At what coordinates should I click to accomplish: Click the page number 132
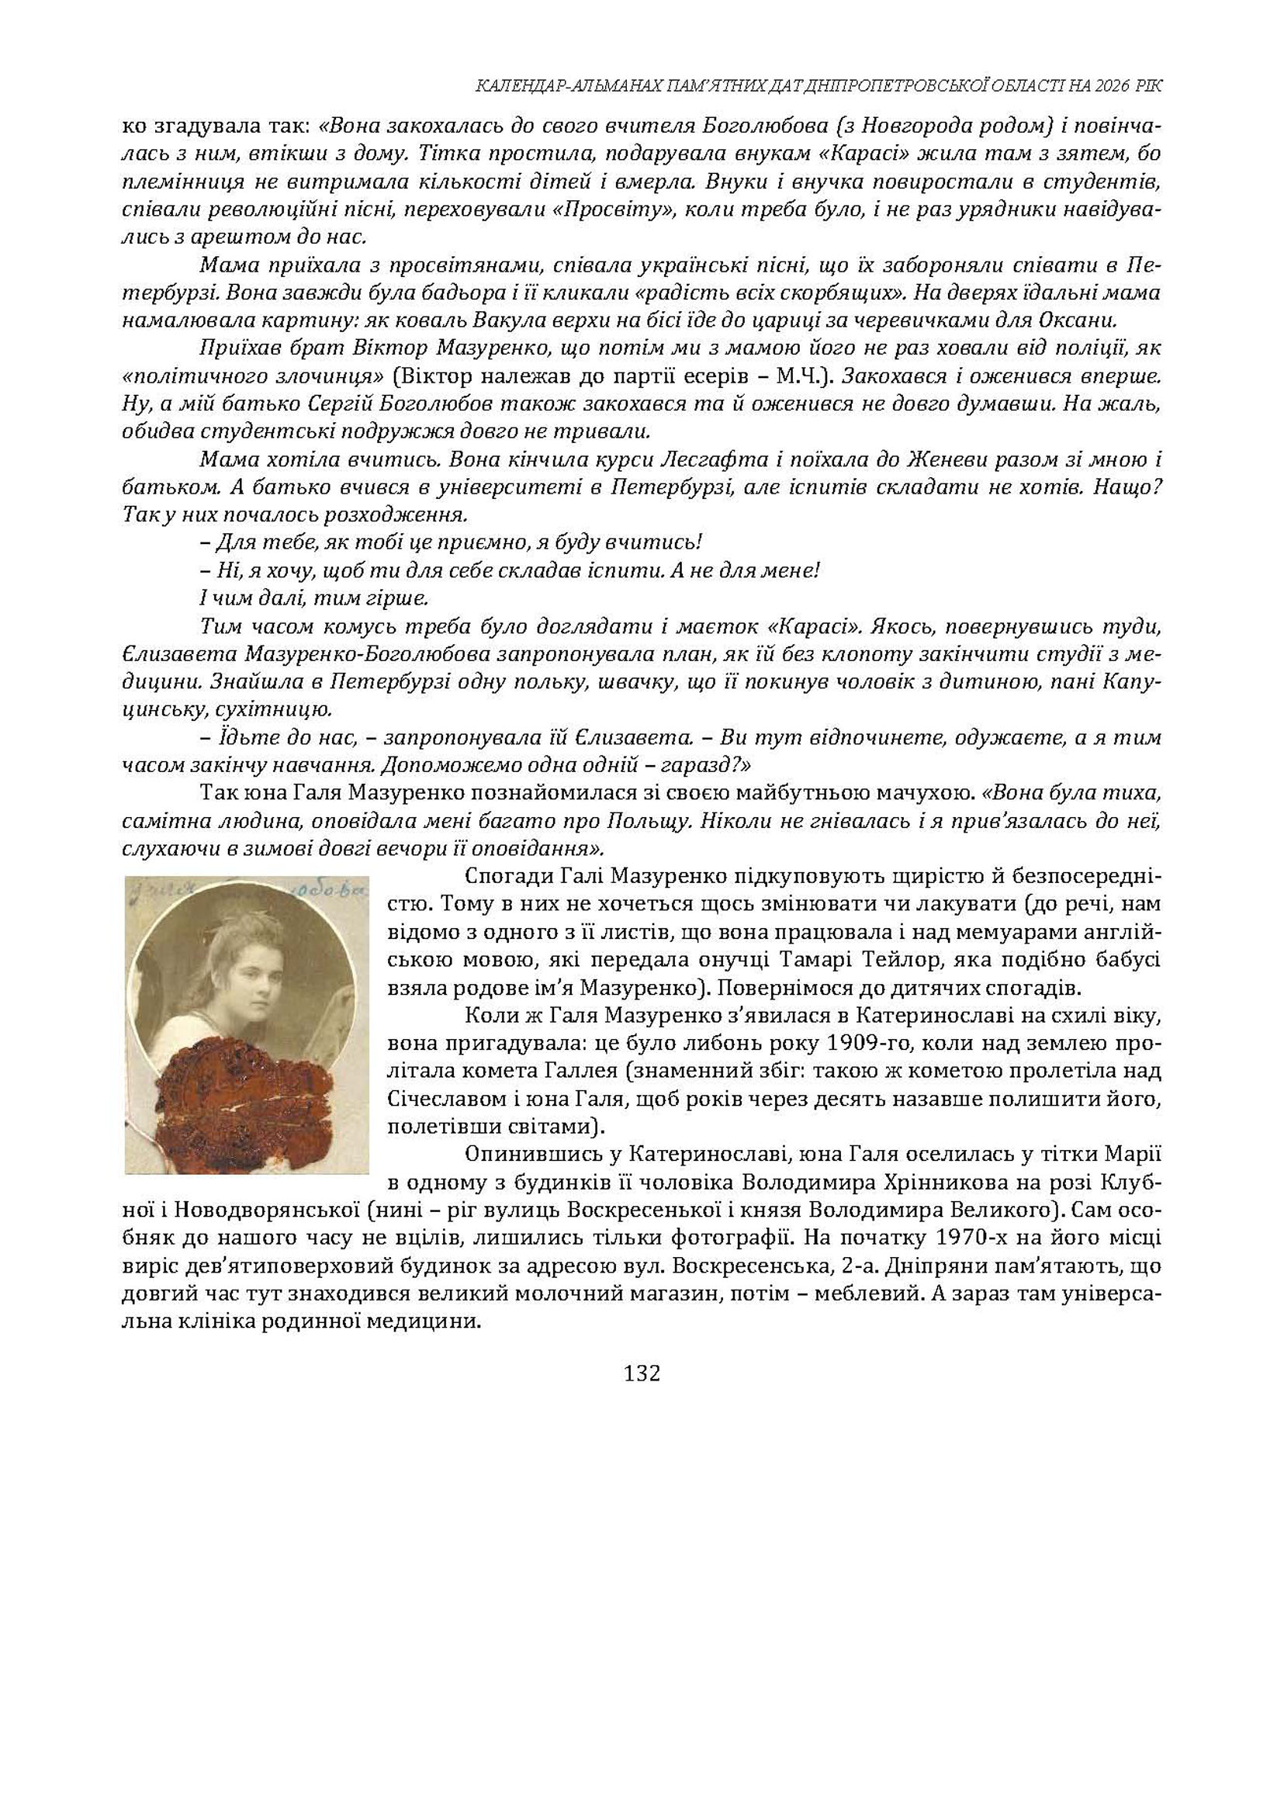[x=641, y=1373]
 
